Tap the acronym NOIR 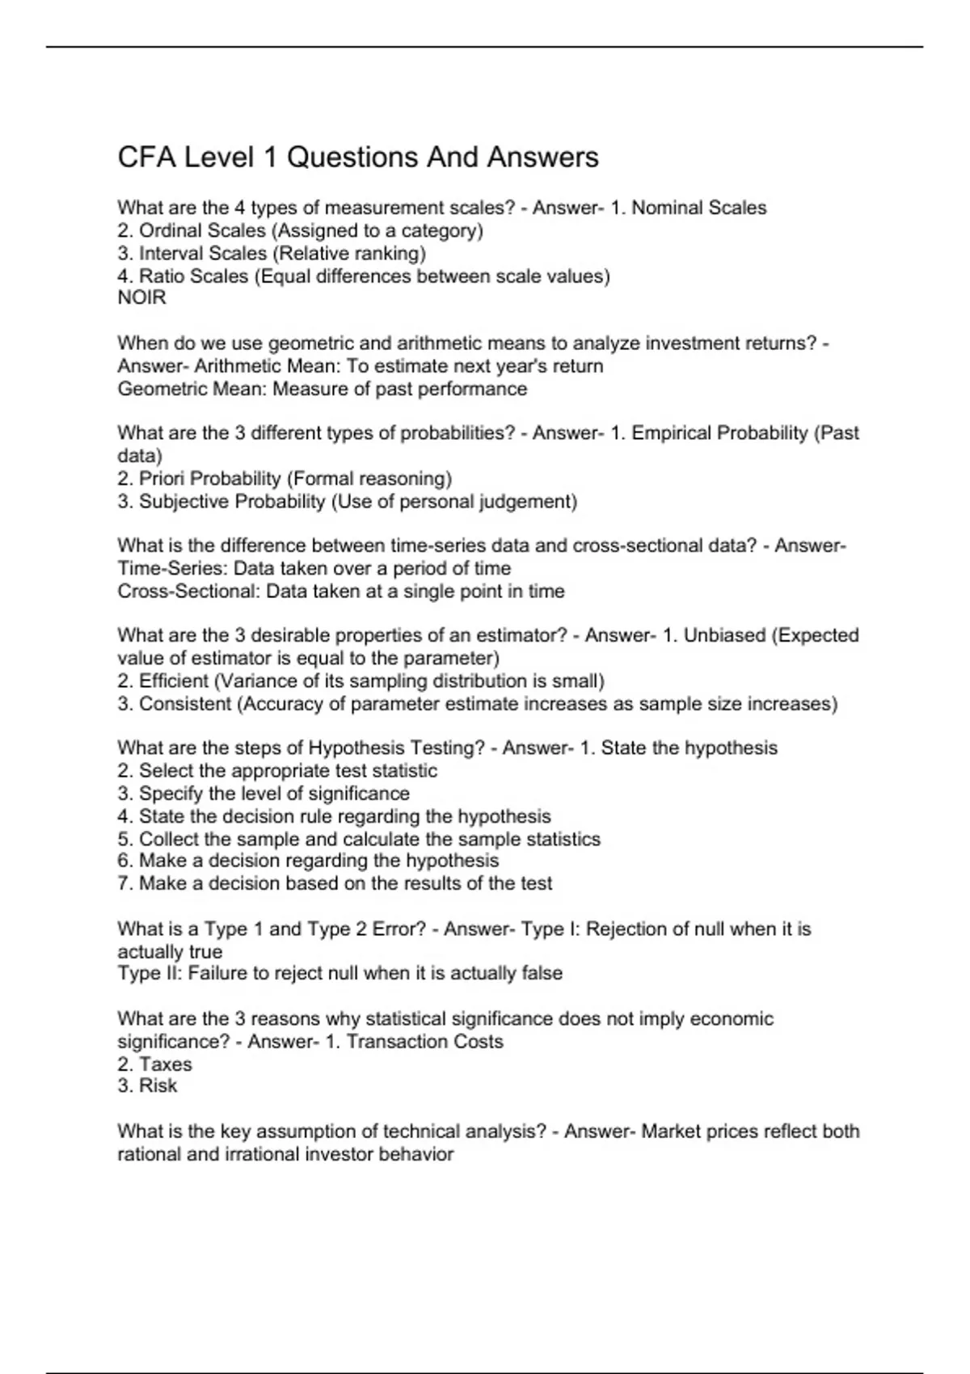tap(141, 298)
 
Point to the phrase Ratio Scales tap(194, 276)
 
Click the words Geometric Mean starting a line tap(192, 389)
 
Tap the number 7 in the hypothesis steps tap(123, 883)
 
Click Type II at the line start tap(150, 973)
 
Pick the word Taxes tap(165, 1064)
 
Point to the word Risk tap(158, 1086)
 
